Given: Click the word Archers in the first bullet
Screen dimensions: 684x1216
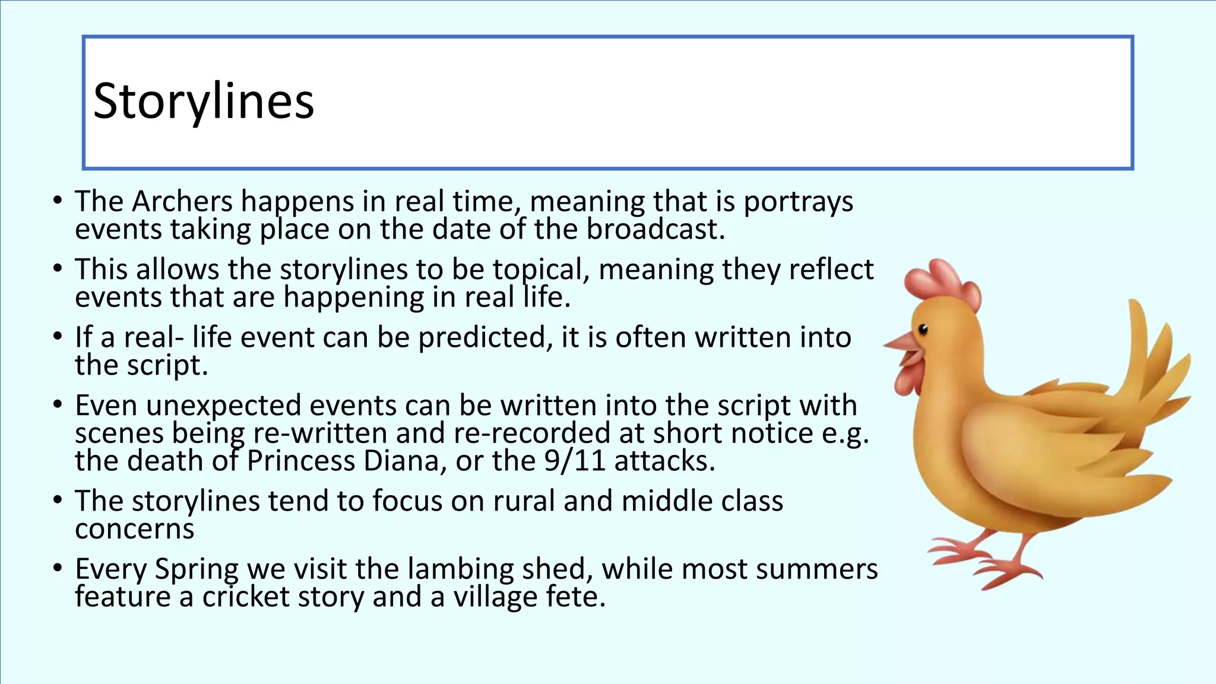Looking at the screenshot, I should click(182, 202).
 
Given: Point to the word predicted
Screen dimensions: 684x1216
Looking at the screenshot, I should click(482, 338).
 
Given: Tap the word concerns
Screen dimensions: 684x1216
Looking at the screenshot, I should click(135, 529).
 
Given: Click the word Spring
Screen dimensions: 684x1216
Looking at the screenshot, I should click(197, 569).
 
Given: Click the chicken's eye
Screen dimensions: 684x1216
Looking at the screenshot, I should click(923, 329).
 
